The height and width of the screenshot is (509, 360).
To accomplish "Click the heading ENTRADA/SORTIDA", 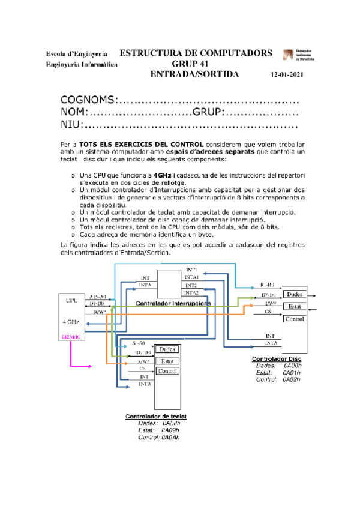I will point(194,74).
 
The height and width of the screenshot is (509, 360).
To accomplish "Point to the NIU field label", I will point(72,125).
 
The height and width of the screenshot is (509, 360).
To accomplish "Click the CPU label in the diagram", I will point(71,299).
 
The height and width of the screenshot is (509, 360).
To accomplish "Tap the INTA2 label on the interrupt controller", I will point(191,292).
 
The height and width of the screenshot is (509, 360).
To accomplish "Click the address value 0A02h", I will point(292,379).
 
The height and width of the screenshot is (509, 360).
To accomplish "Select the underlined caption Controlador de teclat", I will point(155,416).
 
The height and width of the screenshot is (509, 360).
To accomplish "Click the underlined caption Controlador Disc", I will point(277,358).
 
